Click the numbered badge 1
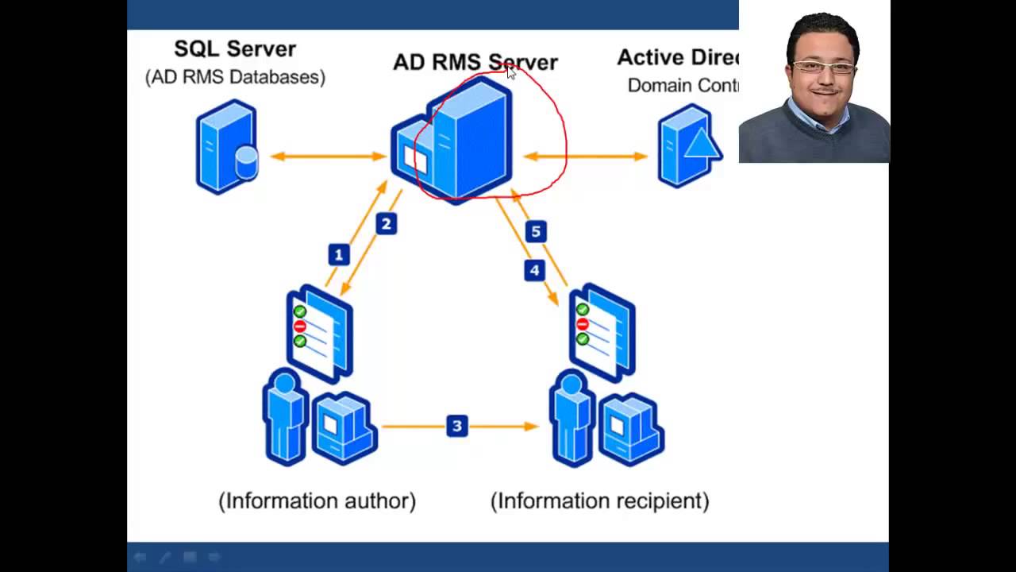coord(339,255)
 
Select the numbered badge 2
coord(387,224)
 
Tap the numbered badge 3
coord(456,427)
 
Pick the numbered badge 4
coord(535,270)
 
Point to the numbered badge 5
coord(536,232)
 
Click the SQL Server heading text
coord(235,49)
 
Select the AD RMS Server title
coord(475,63)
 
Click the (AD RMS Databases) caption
coord(235,77)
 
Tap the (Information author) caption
coord(317,500)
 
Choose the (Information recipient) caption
coord(599,500)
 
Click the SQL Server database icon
coord(227,147)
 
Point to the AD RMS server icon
coord(452,141)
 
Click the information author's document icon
coord(320,334)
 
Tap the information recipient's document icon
coord(602,331)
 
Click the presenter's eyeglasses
coord(823,68)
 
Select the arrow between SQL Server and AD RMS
coord(328,157)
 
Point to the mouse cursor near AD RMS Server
coord(511,72)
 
